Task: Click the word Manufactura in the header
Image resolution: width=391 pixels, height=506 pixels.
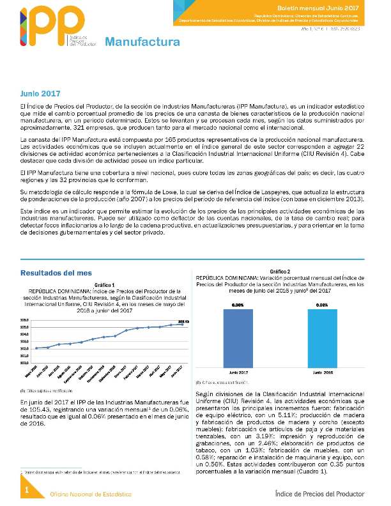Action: tap(142, 43)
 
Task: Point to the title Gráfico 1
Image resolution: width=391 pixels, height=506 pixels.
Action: tap(103, 284)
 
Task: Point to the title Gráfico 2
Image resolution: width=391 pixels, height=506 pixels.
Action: tap(279, 272)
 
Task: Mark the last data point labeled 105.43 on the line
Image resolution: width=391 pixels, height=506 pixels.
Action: tap(183, 325)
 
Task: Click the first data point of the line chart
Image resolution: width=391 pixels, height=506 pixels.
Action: tap(37, 348)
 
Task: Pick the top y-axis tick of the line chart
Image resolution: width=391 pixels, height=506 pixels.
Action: tap(24, 320)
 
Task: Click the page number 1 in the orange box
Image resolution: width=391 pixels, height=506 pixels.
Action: tap(27, 489)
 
